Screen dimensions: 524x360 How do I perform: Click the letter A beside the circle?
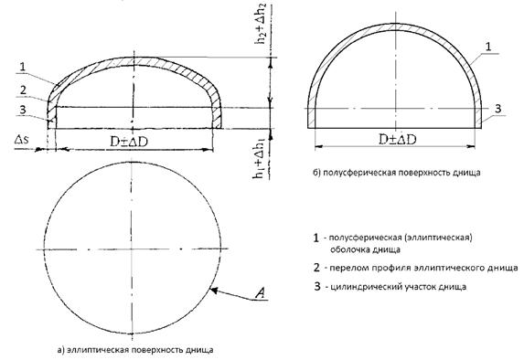coord(260,293)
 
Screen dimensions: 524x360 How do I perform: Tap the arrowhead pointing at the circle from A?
coord(213,291)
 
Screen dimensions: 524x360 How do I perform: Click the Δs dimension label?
coord(22,139)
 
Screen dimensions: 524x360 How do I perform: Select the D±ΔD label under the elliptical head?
coord(129,143)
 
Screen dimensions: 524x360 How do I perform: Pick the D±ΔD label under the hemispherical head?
coord(398,139)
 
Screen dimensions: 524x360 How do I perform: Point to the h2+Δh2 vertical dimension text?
coord(260,24)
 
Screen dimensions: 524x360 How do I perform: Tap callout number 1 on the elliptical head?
coord(22,67)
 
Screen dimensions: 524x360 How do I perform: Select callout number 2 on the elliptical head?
coord(23,90)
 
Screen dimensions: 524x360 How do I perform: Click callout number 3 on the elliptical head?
coord(22,110)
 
